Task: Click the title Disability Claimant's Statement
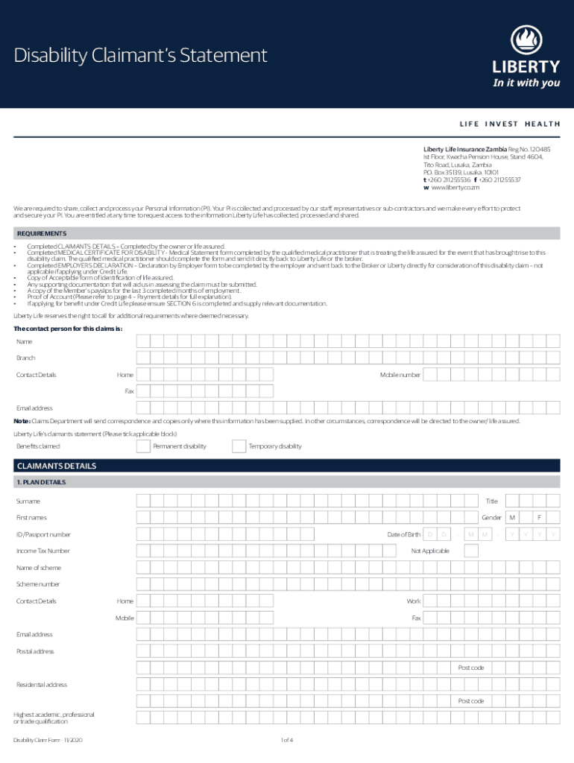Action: pos(141,55)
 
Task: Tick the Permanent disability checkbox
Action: pos(143,446)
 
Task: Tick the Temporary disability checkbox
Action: pos(239,446)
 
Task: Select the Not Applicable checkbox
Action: pos(470,551)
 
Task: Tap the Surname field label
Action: pos(28,501)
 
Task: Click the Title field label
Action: pos(491,501)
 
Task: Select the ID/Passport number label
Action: pos(44,534)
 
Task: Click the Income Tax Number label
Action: pos(43,551)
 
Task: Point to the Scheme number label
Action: pos(38,584)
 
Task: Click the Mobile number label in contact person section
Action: pos(400,375)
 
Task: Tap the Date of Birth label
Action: pos(403,534)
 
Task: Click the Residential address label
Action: pos(42,685)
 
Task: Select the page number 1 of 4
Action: pos(287,740)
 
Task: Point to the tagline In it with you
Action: pos(526,83)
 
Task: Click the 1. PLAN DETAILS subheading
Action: pos(41,482)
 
